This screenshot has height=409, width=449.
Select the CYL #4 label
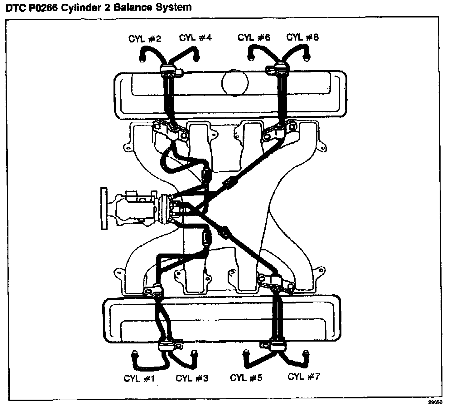pos(195,38)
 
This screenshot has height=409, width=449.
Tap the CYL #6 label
pos(254,38)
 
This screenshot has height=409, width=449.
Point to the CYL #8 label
pos(302,37)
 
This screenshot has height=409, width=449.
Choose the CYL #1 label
pos(139,378)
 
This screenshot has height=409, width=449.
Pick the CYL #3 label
pos(192,378)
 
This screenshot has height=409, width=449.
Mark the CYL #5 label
pos(246,377)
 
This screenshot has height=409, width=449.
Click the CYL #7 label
pos(304,377)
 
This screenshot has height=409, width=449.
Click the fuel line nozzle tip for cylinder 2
pos(142,58)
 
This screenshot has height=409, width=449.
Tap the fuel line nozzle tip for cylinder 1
pos(134,355)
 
